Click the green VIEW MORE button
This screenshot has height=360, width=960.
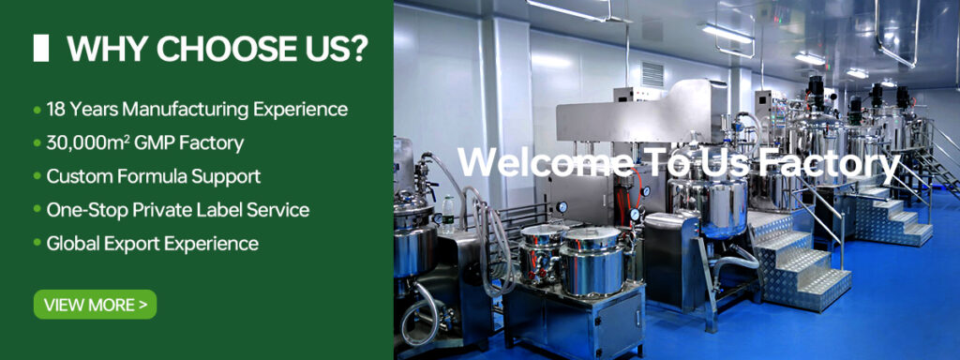point(95,305)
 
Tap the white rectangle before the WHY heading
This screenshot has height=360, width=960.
point(41,49)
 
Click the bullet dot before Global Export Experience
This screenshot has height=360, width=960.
point(37,245)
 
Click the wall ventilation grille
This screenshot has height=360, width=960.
point(652,74)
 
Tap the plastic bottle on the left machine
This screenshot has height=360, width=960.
point(448,213)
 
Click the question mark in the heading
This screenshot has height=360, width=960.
point(358,49)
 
